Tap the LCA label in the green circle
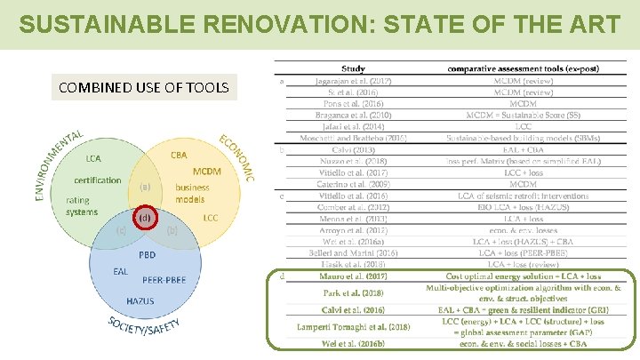click(93, 158)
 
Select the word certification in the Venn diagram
click(98, 180)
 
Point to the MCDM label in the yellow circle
click(207, 171)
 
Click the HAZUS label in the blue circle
click(140, 301)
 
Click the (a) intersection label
click(145, 187)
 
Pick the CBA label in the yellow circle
click(180, 155)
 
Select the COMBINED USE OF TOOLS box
click(144, 87)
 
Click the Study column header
click(353, 68)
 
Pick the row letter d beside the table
click(282, 276)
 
